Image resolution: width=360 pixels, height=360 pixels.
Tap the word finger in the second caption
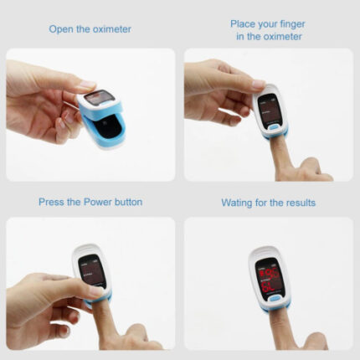pyautogui.click(x=292, y=24)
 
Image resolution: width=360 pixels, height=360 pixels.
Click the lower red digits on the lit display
pyautogui.click(x=268, y=286)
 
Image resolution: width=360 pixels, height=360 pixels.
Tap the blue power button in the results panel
pyautogui.click(x=275, y=299)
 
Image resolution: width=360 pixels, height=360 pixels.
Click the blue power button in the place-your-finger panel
pyautogui.click(x=274, y=127)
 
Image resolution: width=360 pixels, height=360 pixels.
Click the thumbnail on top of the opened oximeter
pyautogui.click(x=87, y=84)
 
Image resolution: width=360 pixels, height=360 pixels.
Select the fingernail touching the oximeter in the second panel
pyautogui.click(x=259, y=83)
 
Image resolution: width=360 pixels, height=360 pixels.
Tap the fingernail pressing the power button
pyautogui.click(x=96, y=291)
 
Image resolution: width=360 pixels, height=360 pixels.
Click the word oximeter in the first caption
pyautogui.click(x=112, y=29)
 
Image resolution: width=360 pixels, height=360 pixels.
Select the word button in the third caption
pyautogui.click(x=128, y=202)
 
